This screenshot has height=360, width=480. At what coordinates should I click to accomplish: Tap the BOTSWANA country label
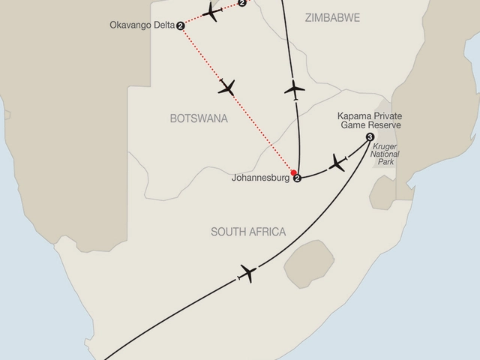(x=199, y=118)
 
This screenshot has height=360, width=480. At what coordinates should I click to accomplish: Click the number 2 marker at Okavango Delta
(x=181, y=26)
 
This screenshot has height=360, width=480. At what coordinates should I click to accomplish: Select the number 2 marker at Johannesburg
(x=298, y=178)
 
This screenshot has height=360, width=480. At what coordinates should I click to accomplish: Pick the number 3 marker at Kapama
(x=370, y=137)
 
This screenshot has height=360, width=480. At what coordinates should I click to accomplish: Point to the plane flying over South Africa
(x=247, y=273)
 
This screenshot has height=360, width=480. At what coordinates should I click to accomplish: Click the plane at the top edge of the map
(x=213, y=13)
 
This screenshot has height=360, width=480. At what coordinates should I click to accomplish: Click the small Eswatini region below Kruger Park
(x=382, y=196)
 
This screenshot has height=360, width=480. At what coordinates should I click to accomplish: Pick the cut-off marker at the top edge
(x=241, y=3)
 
